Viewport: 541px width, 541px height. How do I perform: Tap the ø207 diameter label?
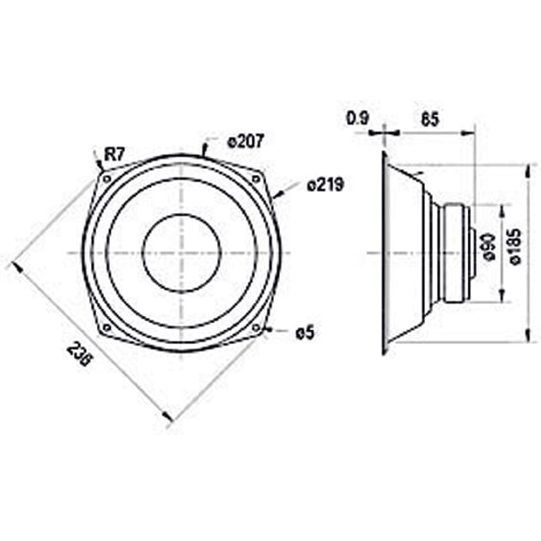tap(244, 142)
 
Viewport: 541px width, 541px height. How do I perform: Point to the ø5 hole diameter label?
tap(304, 333)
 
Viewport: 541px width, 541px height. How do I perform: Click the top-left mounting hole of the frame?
tap(106, 179)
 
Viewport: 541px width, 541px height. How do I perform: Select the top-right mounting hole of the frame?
tap(255, 178)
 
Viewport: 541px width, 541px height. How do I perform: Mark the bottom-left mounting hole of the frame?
tap(106, 327)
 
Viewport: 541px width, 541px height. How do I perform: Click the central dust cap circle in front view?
tap(181, 252)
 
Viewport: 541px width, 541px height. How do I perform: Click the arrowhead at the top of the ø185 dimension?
tap(525, 167)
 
